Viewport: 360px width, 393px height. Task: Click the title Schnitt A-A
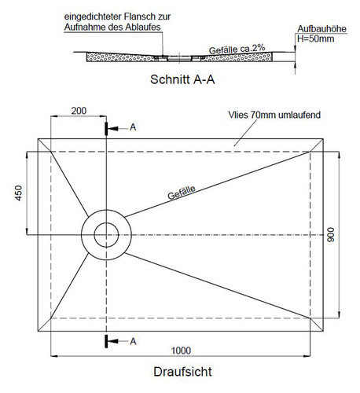tap(182, 79)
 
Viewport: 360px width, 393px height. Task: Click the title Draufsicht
tap(182, 372)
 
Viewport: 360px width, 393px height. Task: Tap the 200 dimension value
tap(79, 111)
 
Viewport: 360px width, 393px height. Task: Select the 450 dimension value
tap(19, 193)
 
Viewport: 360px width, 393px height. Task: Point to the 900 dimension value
tap(331, 235)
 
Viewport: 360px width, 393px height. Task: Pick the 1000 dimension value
tap(181, 351)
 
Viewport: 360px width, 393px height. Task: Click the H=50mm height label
tap(315, 39)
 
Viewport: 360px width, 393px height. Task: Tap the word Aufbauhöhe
tap(321, 29)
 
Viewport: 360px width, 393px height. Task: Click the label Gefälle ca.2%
tap(237, 49)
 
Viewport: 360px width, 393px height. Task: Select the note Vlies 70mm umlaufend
tap(274, 115)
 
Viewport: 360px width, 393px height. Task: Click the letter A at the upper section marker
tap(133, 127)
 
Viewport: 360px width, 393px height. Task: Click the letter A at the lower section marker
tap(133, 341)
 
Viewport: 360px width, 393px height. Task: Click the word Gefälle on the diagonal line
tap(182, 193)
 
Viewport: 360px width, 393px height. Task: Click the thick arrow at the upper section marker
tap(112, 129)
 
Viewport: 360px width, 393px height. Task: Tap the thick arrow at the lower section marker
tap(112, 341)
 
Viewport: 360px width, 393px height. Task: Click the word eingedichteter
tap(93, 17)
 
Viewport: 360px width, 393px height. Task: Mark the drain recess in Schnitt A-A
tap(179, 58)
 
